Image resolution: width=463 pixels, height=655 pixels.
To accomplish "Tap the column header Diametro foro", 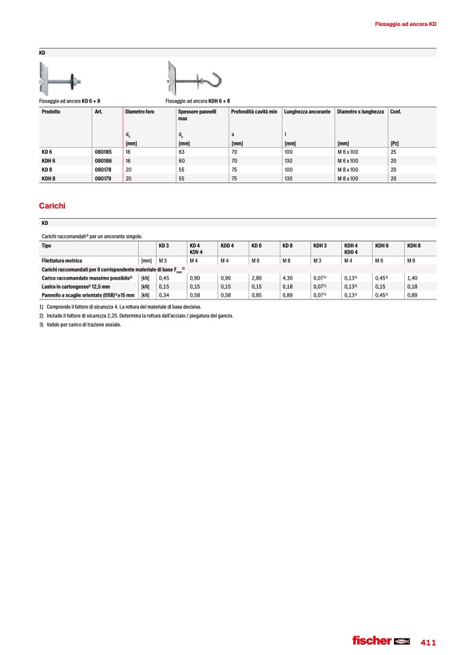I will [x=141, y=111].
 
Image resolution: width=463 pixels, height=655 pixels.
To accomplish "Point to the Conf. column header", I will [x=395, y=111].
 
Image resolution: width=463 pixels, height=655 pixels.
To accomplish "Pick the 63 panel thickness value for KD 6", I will [x=181, y=152].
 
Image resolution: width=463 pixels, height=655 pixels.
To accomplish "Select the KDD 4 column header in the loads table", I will [x=228, y=245].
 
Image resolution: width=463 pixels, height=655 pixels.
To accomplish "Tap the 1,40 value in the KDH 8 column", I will [x=412, y=278].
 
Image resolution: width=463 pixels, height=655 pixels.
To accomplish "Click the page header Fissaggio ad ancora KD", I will [x=406, y=25].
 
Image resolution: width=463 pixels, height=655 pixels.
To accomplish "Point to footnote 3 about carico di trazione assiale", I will [x=80, y=324].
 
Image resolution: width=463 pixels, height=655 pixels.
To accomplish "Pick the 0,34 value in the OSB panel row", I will [x=163, y=295].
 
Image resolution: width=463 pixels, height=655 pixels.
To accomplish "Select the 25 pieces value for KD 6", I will [x=393, y=152].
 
